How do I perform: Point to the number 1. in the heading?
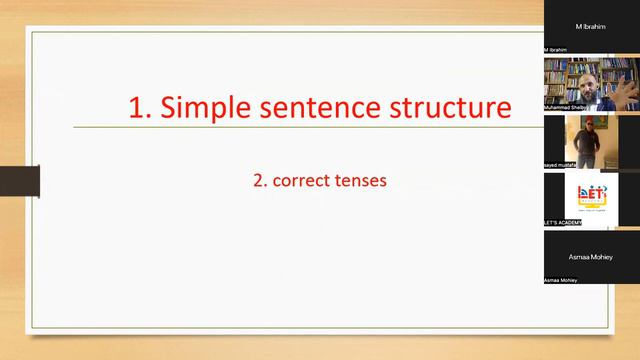click(x=141, y=107)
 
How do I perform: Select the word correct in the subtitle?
click(x=304, y=182)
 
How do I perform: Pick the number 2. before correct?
click(x=260, y=182)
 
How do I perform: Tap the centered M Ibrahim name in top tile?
click(x=593, y=25)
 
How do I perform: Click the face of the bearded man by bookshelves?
click(x=592, y=74)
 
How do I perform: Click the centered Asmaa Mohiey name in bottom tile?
click(x=593, y=256)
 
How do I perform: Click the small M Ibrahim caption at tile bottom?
click(x=557, y=48)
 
